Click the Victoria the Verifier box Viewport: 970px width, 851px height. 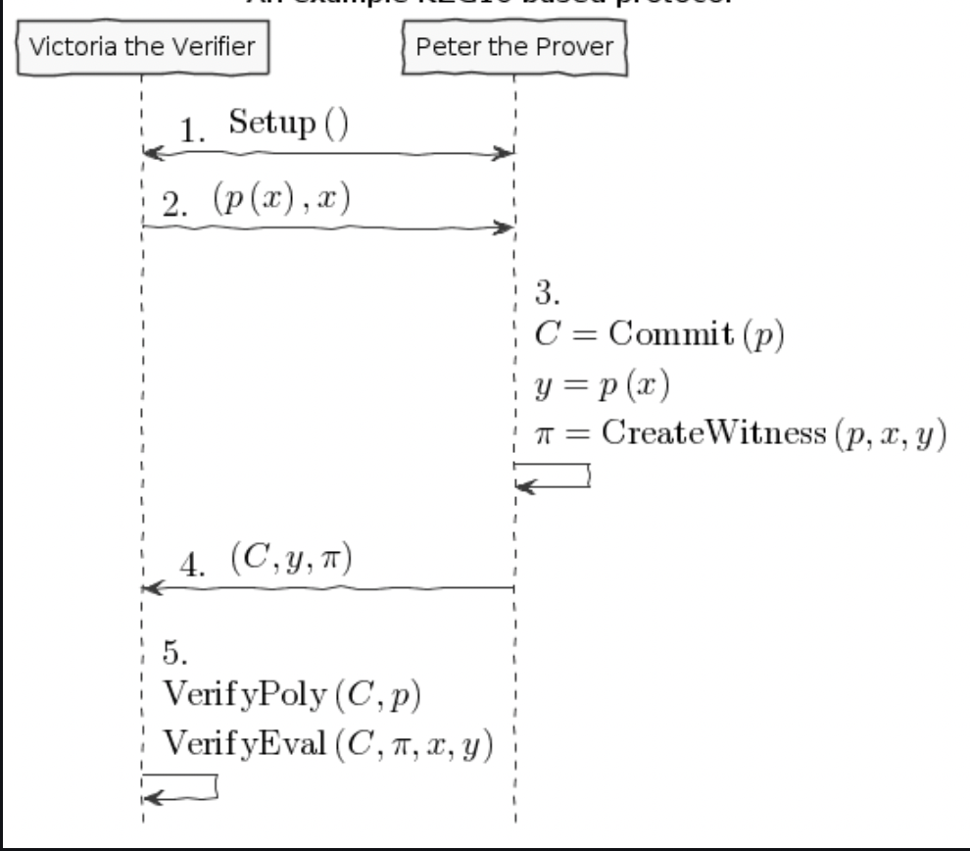point(141,45)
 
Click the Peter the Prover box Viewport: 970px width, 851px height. point(514,45)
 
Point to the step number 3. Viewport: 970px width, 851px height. point(548,292)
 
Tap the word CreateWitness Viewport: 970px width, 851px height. point(709,434)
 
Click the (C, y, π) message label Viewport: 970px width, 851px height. point(291,560)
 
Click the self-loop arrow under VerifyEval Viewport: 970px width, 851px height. point(182,786)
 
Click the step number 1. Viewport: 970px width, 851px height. point(194,131)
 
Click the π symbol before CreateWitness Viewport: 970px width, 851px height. point(544,435)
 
